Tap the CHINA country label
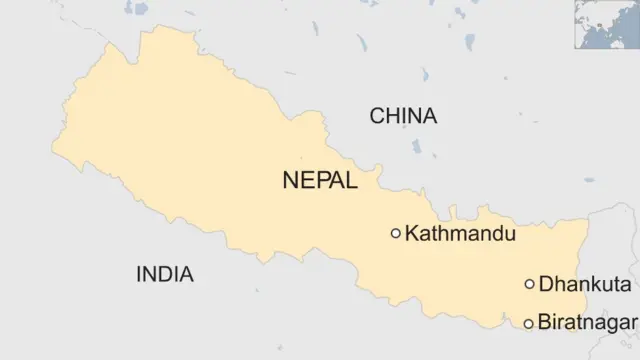coord(403,116)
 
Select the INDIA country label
coord(165,274)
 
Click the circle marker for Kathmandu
coord(396,233)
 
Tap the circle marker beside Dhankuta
coord(529,284)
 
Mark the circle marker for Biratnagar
coord(529,323)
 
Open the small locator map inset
coord(605,24)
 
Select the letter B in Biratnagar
coord(544,323)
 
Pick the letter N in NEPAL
coord(291,181)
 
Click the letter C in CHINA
coord(377,116)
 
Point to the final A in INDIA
coord(187,274)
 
